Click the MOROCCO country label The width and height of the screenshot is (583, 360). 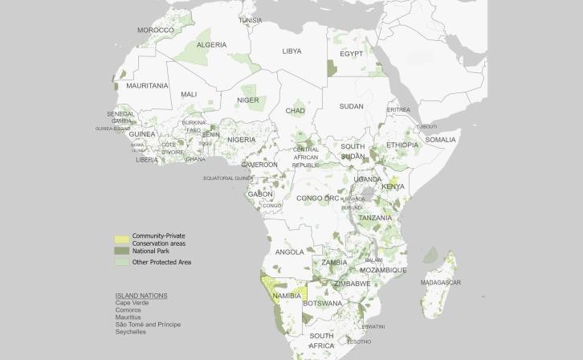coord(156,30)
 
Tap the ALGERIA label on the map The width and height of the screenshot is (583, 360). coord(212,45)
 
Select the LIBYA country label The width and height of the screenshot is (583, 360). coord(291,51)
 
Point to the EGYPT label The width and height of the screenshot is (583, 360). coord(352,54)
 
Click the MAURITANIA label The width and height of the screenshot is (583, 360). coord(147,85)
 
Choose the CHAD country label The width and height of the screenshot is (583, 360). coord(295,111)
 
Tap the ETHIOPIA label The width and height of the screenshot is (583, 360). coord(402,145)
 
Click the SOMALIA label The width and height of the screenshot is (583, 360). coord(440,140)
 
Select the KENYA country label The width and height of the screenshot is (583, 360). coord(393,186)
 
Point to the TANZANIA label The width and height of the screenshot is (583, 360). coord(375,218)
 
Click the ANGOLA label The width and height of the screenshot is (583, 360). coord(290,252)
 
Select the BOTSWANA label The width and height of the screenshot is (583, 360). coord(323,304)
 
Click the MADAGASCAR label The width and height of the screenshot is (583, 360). coord(441,283)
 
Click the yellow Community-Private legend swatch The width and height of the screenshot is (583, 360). coord(121,239)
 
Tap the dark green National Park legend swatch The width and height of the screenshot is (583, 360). coord(121,252)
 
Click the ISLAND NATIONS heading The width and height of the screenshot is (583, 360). coord(141,295)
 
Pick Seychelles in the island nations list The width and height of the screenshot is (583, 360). coord(131,331)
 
